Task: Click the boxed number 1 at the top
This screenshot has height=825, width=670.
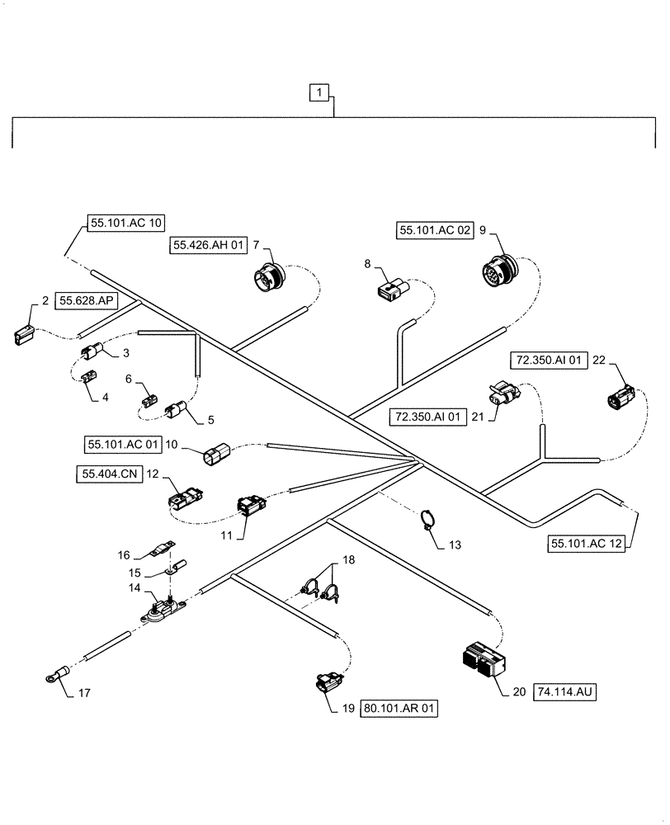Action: click(x=320, y=92)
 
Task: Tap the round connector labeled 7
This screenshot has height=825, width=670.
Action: click(x=272, y=276)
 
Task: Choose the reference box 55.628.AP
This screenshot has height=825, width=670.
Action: click(x=87, y=302)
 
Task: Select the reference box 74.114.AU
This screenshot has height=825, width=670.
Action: click(x=565, y=692)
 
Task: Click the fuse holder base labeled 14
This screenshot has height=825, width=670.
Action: click(x=163, y=611)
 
